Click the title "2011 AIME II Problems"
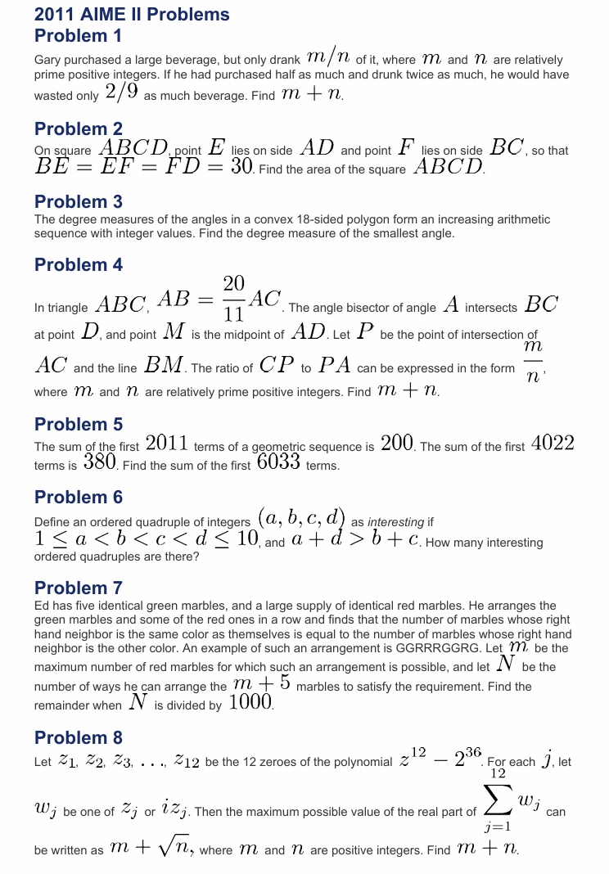(132, 15)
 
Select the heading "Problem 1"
(78, 36)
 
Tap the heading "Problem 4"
(78, 265)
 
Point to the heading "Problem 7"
(78, 588)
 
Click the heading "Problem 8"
(78, 738)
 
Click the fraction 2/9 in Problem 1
(122, 92)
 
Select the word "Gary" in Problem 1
(47, 61)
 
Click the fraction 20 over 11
(233, 299)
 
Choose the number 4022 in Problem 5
(553, 444)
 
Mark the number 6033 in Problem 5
(279, 463)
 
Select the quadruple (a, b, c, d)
(300, 519)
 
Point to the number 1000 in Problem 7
(250, 702)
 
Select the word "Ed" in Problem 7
(42, 606)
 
